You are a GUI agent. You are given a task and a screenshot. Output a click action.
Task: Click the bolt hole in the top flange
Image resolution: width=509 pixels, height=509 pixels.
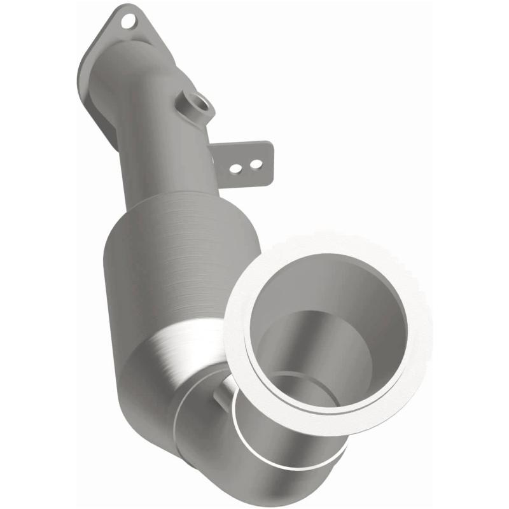coord(129,22)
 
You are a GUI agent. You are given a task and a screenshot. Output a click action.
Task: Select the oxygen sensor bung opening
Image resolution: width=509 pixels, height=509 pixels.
coord(199,101)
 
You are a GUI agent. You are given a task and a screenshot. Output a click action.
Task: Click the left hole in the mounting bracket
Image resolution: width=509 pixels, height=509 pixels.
coord(235,169)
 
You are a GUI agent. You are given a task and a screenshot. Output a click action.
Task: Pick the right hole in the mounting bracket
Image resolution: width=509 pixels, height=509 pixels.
coord(256,165)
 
